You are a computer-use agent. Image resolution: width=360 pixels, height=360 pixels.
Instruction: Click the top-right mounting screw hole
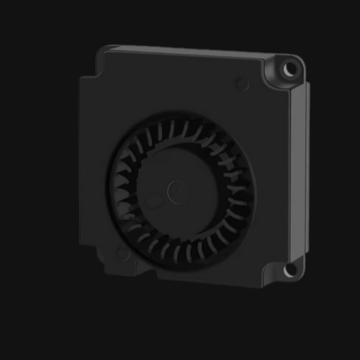290,69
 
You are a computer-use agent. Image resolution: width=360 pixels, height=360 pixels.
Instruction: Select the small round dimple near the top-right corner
242,84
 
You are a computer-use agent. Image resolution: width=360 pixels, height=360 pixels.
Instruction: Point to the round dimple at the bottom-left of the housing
122,253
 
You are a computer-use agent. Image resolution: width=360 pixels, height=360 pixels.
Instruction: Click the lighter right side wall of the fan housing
299,169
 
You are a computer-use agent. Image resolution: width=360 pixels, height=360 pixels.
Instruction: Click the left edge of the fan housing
81,162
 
